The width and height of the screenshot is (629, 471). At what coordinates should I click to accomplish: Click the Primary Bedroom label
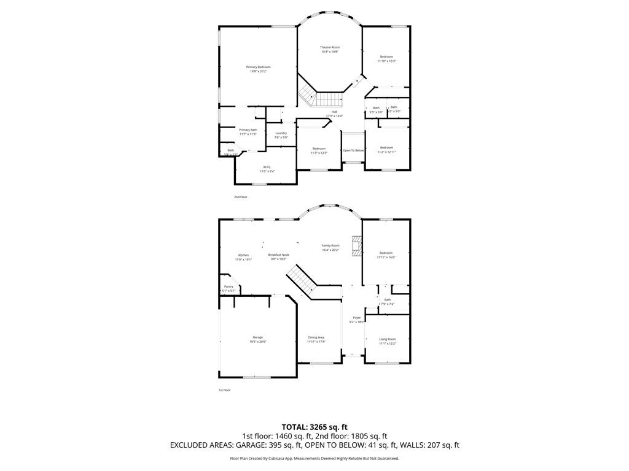tap(258, 67)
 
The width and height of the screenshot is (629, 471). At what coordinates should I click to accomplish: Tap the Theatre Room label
tap(329, 47)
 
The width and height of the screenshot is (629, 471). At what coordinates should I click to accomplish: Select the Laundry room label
tap(281, 133)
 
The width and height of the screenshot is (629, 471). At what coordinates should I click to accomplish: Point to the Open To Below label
tap(353, 150)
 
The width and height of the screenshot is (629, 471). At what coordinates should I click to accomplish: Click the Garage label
tap(257, 337)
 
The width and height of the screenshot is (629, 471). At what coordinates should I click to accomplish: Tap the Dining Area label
tap(316, 337)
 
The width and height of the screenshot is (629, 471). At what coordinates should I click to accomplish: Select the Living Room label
tap(387, 339)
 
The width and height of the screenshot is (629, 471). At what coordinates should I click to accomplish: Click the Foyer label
tap(356, 318)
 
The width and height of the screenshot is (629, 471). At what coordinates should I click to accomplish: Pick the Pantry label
tap(229, 286)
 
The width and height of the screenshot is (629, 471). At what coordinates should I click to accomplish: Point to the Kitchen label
tap(243, 255)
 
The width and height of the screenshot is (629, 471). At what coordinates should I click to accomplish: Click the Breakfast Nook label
tap(278, 255)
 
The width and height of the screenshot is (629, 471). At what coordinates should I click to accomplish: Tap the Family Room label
tap(330, 245)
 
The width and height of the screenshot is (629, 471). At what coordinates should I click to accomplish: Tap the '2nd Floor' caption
tap(240, 197)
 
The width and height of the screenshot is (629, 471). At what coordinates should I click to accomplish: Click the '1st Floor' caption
tap(225, 390)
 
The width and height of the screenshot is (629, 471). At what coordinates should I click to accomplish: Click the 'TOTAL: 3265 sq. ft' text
tap(314, 427)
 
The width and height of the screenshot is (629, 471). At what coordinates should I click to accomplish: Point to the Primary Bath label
tap(248, 130)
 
